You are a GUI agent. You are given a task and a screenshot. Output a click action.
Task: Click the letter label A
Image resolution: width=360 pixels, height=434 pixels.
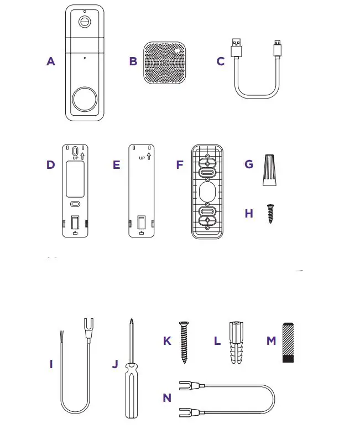51,61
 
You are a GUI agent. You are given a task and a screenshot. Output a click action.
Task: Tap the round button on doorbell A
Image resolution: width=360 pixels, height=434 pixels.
85,99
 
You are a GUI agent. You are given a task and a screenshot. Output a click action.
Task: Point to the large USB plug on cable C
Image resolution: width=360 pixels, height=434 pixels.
237,47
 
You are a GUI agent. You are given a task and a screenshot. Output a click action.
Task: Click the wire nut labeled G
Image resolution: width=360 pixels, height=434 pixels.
269,170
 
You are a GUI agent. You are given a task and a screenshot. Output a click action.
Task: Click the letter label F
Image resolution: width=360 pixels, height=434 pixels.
179,164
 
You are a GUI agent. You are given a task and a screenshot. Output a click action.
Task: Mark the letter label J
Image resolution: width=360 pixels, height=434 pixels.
115,364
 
